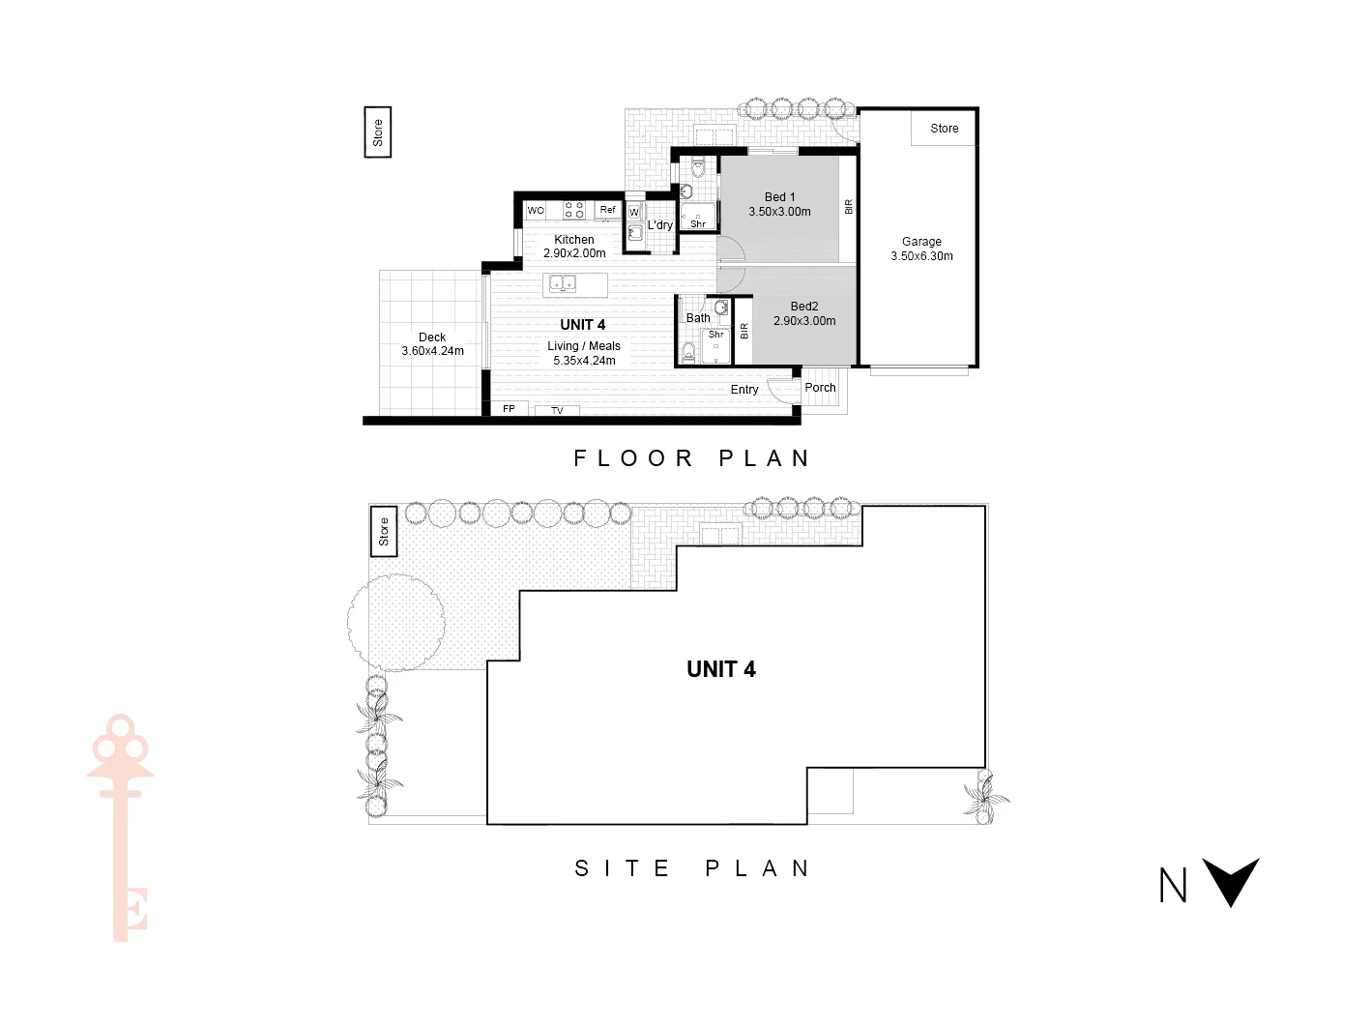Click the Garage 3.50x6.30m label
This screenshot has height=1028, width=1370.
[x=921, y=249]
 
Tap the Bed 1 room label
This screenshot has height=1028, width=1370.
[x=779, y=204]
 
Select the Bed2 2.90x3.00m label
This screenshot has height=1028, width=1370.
[x=804, y=313]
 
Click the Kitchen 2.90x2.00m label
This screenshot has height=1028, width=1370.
[x=574, y=247]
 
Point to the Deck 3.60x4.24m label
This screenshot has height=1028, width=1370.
[x=432, y=344]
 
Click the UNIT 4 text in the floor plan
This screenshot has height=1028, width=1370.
[x=582, y=325]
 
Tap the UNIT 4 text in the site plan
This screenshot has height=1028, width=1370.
[x=720, y=669]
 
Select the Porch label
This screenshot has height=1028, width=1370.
[x=820, y=388]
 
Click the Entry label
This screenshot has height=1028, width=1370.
[x=743, y=390]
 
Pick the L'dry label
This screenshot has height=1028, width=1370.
[x=659, y=225]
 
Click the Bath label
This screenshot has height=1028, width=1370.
[x=697, y=318]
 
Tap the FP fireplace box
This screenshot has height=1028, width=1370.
[x=509, y=409]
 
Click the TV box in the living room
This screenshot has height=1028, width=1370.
[x=557, y=411]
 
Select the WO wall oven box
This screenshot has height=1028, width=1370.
[x=536, y=210]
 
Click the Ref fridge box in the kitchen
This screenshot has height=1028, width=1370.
[x=607, y=210]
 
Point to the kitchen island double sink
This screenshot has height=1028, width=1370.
[x=563, y=283]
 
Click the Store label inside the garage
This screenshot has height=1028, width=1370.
[x=944, y=129]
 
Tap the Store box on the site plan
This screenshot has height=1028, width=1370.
[x=384, y=531]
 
